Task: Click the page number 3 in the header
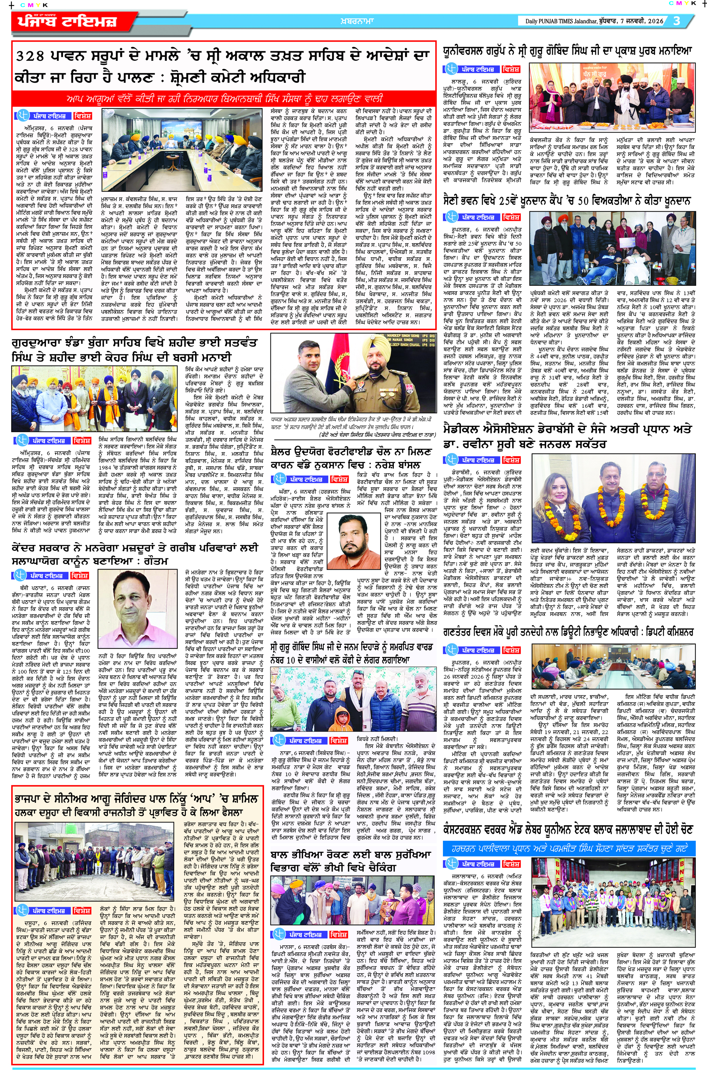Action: (677, 21)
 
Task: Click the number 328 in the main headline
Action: (30, 56)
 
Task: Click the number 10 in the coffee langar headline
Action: (293, 659)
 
